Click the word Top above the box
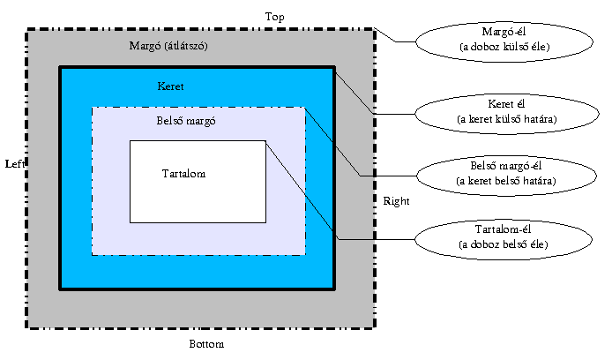[x=275, y=17]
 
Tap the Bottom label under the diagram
[x=208, y=343]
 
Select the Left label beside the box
[x=14, y=165]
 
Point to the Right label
[x=396, y=201]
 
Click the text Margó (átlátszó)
[x=168, y=45]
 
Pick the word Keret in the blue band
[x=171, y=86]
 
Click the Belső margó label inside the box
[x=186, y=121]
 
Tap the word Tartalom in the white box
[x=184, y=174]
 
